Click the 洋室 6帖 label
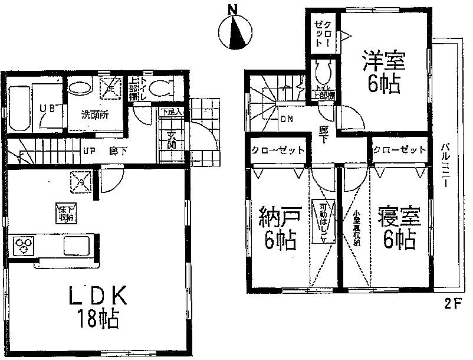pyautogui.click(x=383, y=72)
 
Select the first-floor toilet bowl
pyautogui.click(x=157, y=89)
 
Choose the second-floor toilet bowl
pyautogui.click(x=323, y=73)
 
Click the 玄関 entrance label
pyautogui.click(x=170, y=142)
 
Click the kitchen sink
pyautogui.click(x=75, y=244)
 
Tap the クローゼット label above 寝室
pyautogui.click(x=400, y=150)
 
